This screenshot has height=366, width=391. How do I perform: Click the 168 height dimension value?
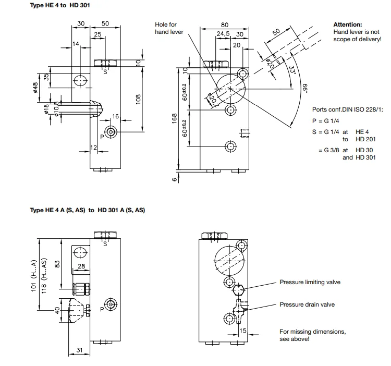point(174,118)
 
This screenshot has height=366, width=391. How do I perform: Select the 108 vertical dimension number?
point(138,99)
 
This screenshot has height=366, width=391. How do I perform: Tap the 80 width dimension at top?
point(224,25)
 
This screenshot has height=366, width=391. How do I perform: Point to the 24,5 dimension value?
point(223,34)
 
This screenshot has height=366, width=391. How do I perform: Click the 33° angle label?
point(292,69)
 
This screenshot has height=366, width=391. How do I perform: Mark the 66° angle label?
point(305,88)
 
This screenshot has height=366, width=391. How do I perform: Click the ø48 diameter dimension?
point(35,88)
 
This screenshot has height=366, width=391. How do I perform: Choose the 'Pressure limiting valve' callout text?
point(310,282)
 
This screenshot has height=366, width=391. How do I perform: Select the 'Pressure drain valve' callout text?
point(307,304)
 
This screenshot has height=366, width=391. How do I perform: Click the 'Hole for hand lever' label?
point(169,28)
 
